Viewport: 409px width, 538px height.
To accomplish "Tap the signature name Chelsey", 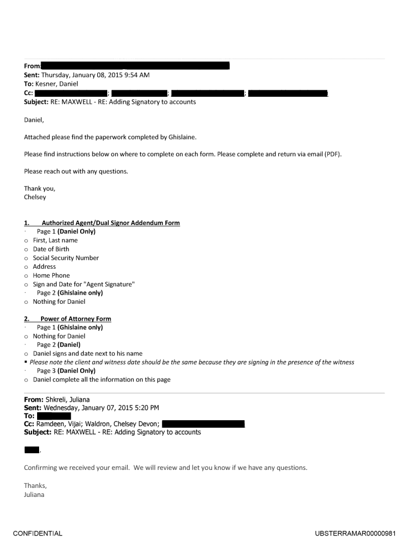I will (35, 197).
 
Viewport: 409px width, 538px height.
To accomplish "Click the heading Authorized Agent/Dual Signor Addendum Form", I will (110, 223).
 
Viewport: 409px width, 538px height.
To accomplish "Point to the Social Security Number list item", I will (66, 258).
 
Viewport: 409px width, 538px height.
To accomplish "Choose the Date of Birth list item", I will (51, 249).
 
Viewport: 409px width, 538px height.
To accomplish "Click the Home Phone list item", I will (51, 275).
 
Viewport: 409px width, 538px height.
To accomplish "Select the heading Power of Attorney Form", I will (76, 319).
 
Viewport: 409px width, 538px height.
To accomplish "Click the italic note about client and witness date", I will (192, 362).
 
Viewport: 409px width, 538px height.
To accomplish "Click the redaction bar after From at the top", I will (135, 66).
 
